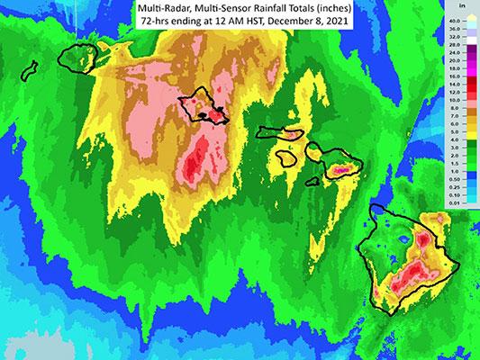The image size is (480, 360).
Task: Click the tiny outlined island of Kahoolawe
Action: click(x=312, y=177)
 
